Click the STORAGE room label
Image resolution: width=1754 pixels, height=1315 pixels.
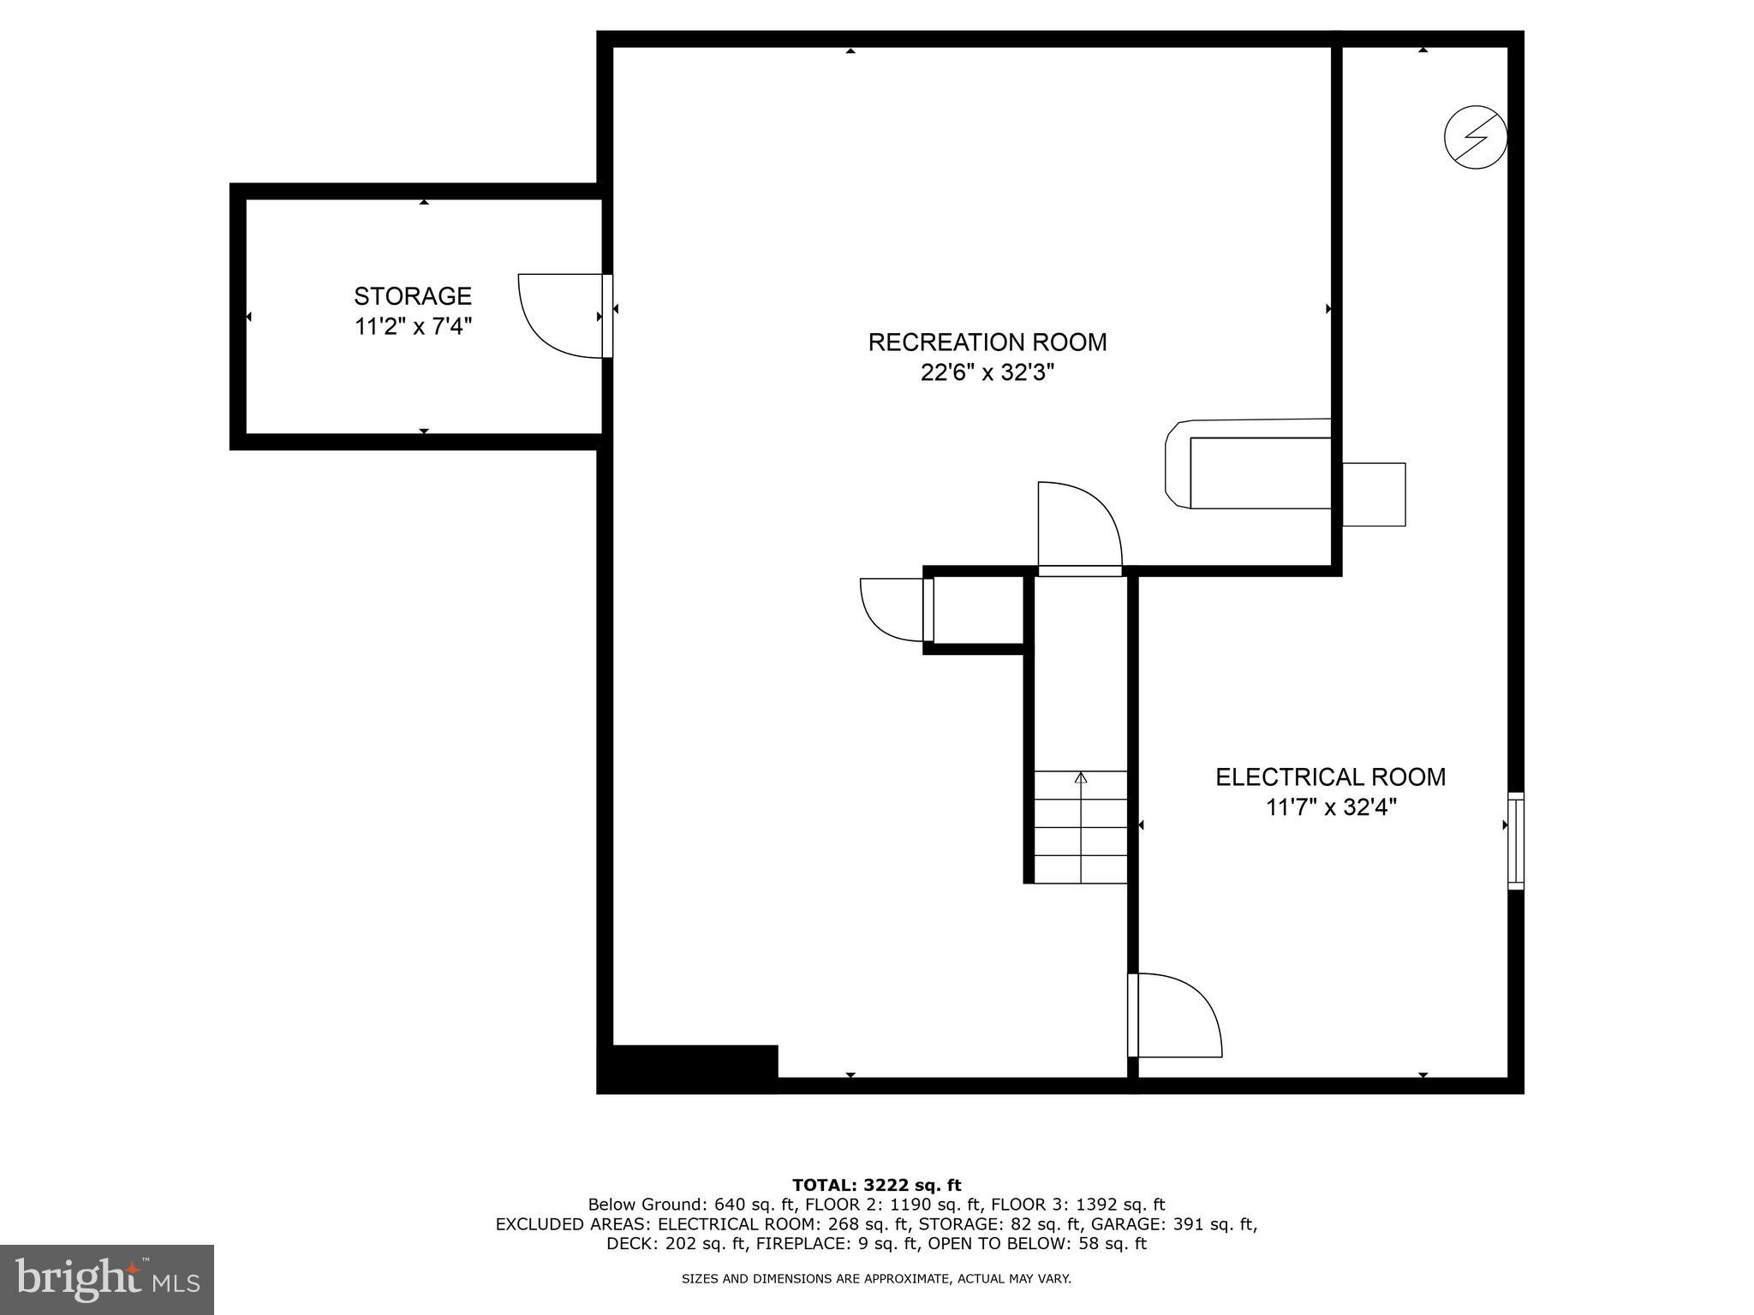[x=413, y=296]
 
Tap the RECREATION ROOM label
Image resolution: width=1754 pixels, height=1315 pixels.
[x=987, y=342]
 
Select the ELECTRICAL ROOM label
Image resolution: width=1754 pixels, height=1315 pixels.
[x=1330, y=777]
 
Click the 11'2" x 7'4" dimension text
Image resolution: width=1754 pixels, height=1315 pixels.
[x=414, y=327]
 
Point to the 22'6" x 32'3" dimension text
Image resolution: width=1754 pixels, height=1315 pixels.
[x=987, y=373]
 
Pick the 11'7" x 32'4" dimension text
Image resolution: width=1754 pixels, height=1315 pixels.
[x=1331, y=807]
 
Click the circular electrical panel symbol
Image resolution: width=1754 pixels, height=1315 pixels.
[x=1475, y=137]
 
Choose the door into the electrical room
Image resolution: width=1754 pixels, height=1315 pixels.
[x=1173, y=1015]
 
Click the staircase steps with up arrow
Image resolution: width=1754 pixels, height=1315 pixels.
[x=1080, y=827]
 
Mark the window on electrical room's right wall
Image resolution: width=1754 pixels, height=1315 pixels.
[x=1515, y=840]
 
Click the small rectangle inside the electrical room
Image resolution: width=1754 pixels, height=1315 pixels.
[x=1373, y=495]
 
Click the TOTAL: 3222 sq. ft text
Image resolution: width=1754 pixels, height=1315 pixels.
[x=876, y=1186]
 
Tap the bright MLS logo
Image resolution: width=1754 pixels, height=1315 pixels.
[x=107, y=1279]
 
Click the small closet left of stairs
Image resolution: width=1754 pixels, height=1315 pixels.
[x=978, y=610]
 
